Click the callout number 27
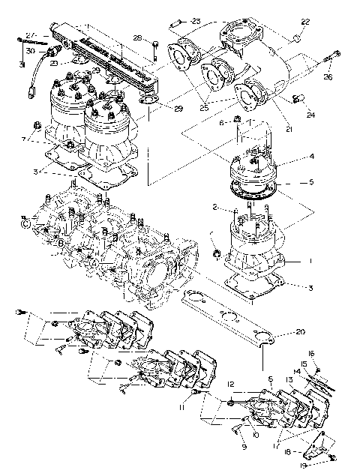[30, 35]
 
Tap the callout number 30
[30, 50]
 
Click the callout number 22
[304, 22]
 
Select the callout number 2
[214, 206]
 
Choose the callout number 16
[312, 353]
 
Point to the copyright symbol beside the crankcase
[25, 223]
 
